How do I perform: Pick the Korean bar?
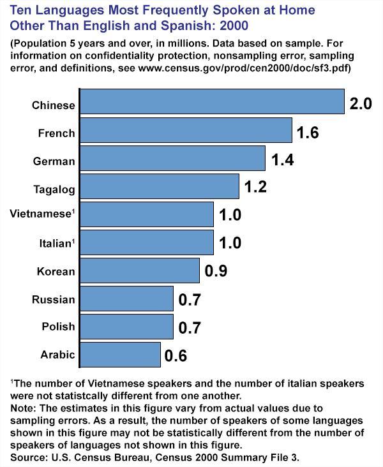tap(140, 271)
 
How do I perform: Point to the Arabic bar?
tap(121, 355)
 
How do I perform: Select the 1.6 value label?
tap(308, 132)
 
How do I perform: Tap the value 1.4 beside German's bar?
tap(282, 159)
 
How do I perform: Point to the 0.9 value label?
tap(216, 271)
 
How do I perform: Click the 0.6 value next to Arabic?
tap(176, 355)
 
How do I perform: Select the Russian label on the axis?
tap(54, 299)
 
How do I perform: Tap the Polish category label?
tap(58, 327)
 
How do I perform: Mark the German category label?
tap(54, 161)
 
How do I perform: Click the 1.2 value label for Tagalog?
tap(255, 188)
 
